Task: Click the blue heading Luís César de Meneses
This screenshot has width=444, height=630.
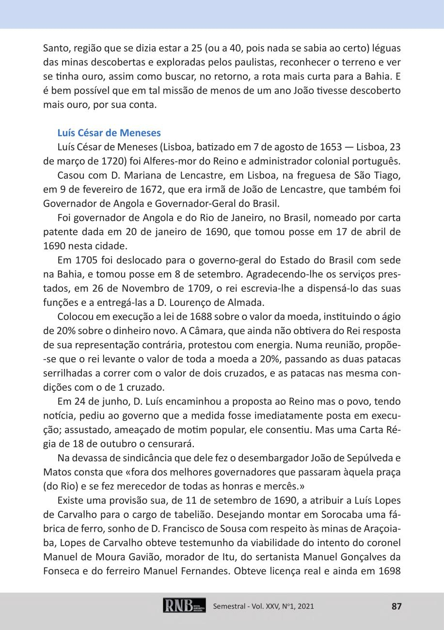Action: click(x=109, y=133)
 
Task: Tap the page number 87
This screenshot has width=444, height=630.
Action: click(x=396, y=606)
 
